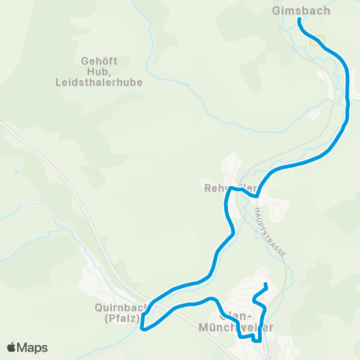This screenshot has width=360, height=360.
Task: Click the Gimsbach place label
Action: (x=301, y=11)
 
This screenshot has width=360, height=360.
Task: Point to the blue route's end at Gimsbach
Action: (x=300, y=20)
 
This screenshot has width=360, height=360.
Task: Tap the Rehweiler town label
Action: (x=230, y=187)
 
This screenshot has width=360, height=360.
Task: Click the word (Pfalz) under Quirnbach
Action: (x=122, y=317)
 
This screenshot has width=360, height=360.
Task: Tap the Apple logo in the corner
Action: (x=12, y=347)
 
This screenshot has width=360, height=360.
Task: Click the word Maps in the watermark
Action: (x=33, y=347)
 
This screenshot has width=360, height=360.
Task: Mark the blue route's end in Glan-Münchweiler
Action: (x=266, y=285)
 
